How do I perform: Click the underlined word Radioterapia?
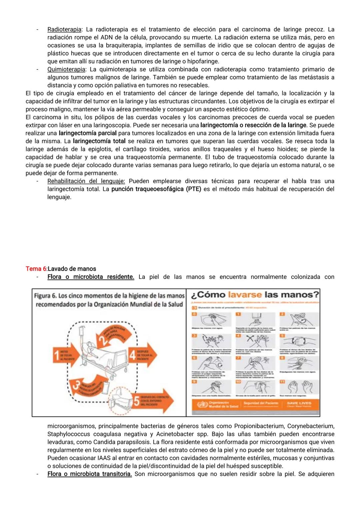click(64, 29)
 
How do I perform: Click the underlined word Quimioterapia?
click(66, 69)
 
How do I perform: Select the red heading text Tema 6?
click(36, 269)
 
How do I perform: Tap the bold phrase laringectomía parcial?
click(88, 133)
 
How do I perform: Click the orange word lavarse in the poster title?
click(245, 295)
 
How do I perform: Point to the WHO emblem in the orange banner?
click(202, 405)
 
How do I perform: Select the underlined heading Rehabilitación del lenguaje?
click(86, 181)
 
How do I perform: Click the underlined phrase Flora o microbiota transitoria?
click(89, 474)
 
